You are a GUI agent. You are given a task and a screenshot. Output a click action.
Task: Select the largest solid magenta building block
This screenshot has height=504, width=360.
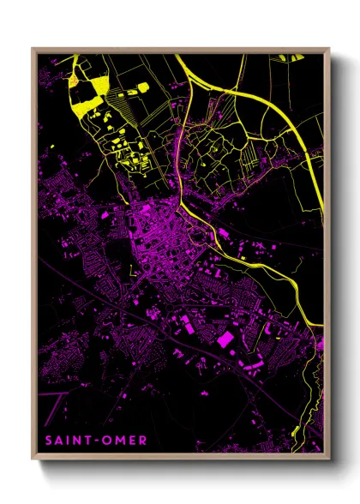(226, 339)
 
